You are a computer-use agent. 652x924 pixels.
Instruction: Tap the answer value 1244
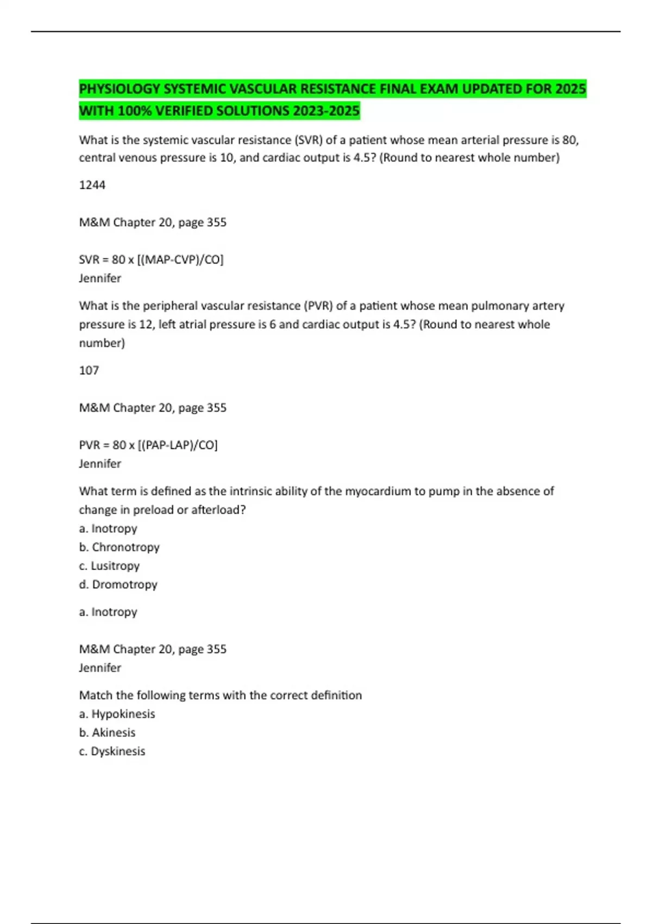tap(92, 185)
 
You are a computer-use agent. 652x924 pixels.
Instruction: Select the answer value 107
tap(89, 370)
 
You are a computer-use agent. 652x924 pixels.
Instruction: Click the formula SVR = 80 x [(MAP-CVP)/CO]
tap(151, 259)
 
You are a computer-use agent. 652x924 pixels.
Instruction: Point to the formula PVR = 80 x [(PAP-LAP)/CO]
tap(148, 445)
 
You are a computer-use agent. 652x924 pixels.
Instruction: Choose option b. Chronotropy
tap(120, 547)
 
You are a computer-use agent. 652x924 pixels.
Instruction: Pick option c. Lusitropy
tap(109, 565)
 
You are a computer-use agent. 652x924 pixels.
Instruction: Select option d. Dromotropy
tap(118, 584)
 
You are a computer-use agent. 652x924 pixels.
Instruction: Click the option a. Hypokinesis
tap(117, 714)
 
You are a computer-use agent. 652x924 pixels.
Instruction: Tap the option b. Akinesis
tap(108, 732)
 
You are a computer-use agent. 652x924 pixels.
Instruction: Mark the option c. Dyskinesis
tap(112, 751)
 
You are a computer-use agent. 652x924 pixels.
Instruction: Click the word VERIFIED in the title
tap(184, 111)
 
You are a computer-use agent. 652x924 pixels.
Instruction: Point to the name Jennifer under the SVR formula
tap(100, 278)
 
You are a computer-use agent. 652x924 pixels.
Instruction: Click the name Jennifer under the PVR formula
tap(100, 463)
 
